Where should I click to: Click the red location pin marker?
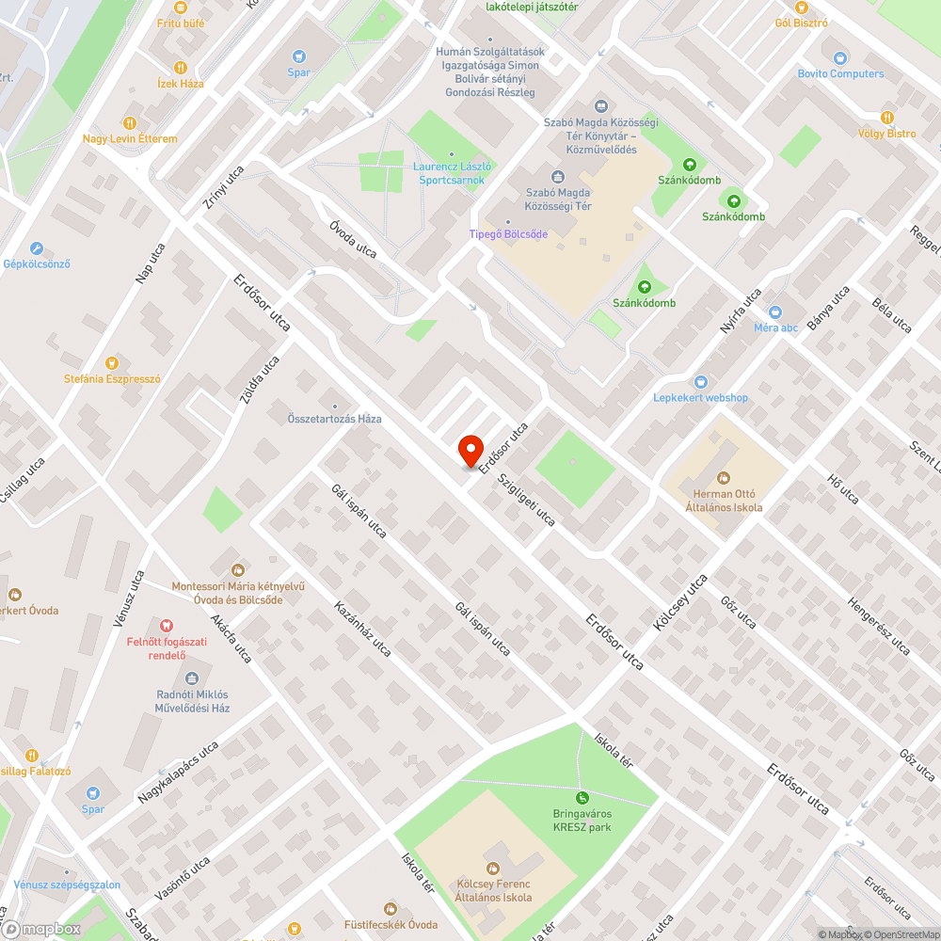coord(470,449)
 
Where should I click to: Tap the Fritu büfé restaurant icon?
coord(181,7)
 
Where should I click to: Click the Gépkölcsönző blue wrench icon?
coord(37,248)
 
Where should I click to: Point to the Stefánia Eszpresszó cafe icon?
coord(112,363)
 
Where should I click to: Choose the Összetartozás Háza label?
coord(334,419)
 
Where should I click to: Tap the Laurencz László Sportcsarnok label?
coord(452,172)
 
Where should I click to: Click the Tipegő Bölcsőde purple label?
coord(508,234)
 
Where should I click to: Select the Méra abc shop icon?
coord(775,312)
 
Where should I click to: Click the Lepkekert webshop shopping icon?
coord(701,382)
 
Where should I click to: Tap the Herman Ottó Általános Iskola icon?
coord(724,479)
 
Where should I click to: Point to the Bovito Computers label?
coord(840,73)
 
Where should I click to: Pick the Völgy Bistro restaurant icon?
coord(886,118)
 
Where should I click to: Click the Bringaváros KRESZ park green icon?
coord(582,798)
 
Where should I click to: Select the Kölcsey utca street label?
coord(680,603)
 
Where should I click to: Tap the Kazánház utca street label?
coord(362,630)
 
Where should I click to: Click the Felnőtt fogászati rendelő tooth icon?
coord(167,625)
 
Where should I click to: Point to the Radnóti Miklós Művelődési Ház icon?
coord(192,678)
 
